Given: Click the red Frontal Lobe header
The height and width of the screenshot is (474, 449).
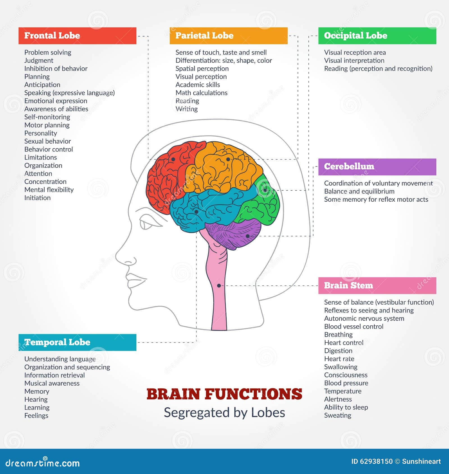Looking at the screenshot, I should coord(77,36).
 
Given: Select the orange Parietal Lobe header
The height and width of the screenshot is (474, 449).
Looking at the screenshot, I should coord(228,36).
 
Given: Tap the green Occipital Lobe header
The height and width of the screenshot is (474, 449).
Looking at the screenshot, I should coord(377,36).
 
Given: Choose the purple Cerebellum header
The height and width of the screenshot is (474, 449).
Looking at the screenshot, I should coord(377,167).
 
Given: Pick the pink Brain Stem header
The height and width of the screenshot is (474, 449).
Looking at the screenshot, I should coord(377,286).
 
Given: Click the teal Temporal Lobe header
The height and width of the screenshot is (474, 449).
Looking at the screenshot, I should coord(77,342).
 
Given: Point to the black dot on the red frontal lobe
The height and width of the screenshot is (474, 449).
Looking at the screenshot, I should coord(173,159).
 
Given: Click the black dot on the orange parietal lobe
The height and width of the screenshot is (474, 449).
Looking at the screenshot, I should coord(228,159).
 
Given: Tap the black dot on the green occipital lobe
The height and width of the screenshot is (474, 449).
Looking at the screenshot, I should coord(265,190).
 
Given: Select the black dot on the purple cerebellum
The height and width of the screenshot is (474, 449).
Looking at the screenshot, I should coord(248,236).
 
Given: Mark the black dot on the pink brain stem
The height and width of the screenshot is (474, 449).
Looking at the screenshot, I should coord(219,286).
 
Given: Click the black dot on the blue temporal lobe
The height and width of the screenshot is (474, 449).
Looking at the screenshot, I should coord(196,211).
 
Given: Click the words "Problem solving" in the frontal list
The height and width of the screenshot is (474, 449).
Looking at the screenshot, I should coord(48,52).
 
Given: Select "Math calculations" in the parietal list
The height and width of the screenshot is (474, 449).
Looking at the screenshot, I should coord(201,93).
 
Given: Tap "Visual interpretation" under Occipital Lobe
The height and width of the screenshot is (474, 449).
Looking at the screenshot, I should coord(354,61).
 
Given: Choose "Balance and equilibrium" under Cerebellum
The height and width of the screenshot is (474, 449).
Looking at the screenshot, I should coord(359,191).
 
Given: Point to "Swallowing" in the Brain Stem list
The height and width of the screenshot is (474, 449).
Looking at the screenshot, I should coord(341,367).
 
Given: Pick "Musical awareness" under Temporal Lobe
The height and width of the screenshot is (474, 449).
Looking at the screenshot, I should coord(52,383).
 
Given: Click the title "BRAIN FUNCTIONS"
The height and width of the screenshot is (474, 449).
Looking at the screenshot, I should coord(224,394).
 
